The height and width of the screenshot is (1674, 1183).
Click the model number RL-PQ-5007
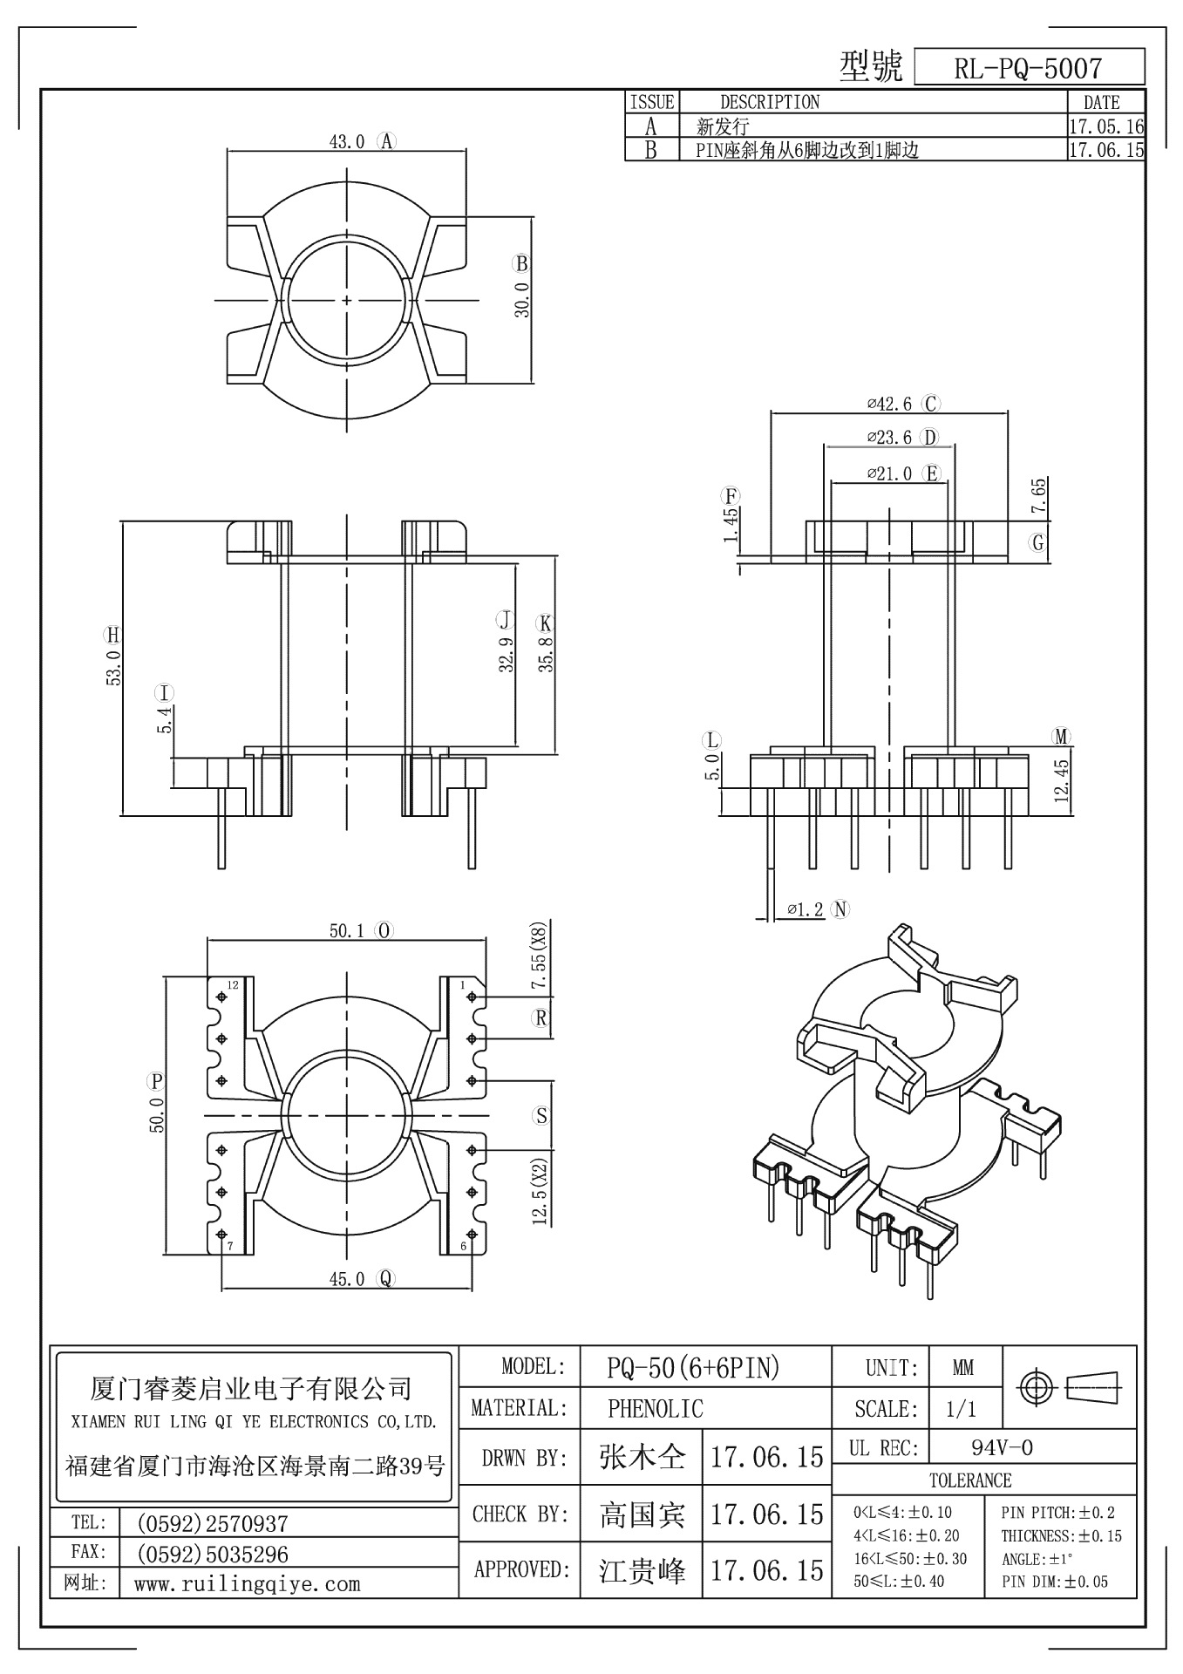(x=1028, y=68)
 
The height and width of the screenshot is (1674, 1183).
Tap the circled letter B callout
(x=521, y=263)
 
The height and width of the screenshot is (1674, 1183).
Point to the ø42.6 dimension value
(x=889, y=404)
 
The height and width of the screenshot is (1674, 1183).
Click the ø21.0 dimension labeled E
(x=889, y=473)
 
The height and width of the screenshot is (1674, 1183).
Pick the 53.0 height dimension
(x=114, y=667)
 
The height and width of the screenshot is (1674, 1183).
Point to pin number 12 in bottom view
(x=233, y=985)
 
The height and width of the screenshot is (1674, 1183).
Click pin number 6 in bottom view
(x=464, y=1246)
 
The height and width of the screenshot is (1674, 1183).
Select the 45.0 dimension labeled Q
(x=347, y=1279)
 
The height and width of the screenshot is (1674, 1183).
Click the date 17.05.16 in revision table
(x=1105, y=126)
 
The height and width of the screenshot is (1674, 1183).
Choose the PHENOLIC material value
(x=656, y=1408)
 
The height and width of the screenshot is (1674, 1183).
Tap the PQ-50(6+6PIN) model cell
(x=693, y=1368)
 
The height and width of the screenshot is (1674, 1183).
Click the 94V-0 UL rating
(x=1003, y=1448)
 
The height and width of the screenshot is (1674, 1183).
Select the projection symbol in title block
(x=1071, y=1386)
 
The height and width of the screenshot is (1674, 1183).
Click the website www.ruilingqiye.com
(x=247, y=1584)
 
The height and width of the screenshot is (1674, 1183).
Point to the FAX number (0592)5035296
(x=213, y=1554)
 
